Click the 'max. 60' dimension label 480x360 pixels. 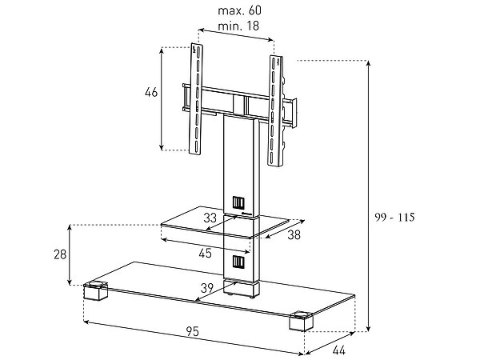tap(236, 11)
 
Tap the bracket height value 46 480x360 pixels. tap(150, 93)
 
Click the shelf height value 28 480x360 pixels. tap(59, 254)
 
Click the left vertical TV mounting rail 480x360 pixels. tap(194, 100)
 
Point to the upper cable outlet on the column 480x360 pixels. tap(238, 202)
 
